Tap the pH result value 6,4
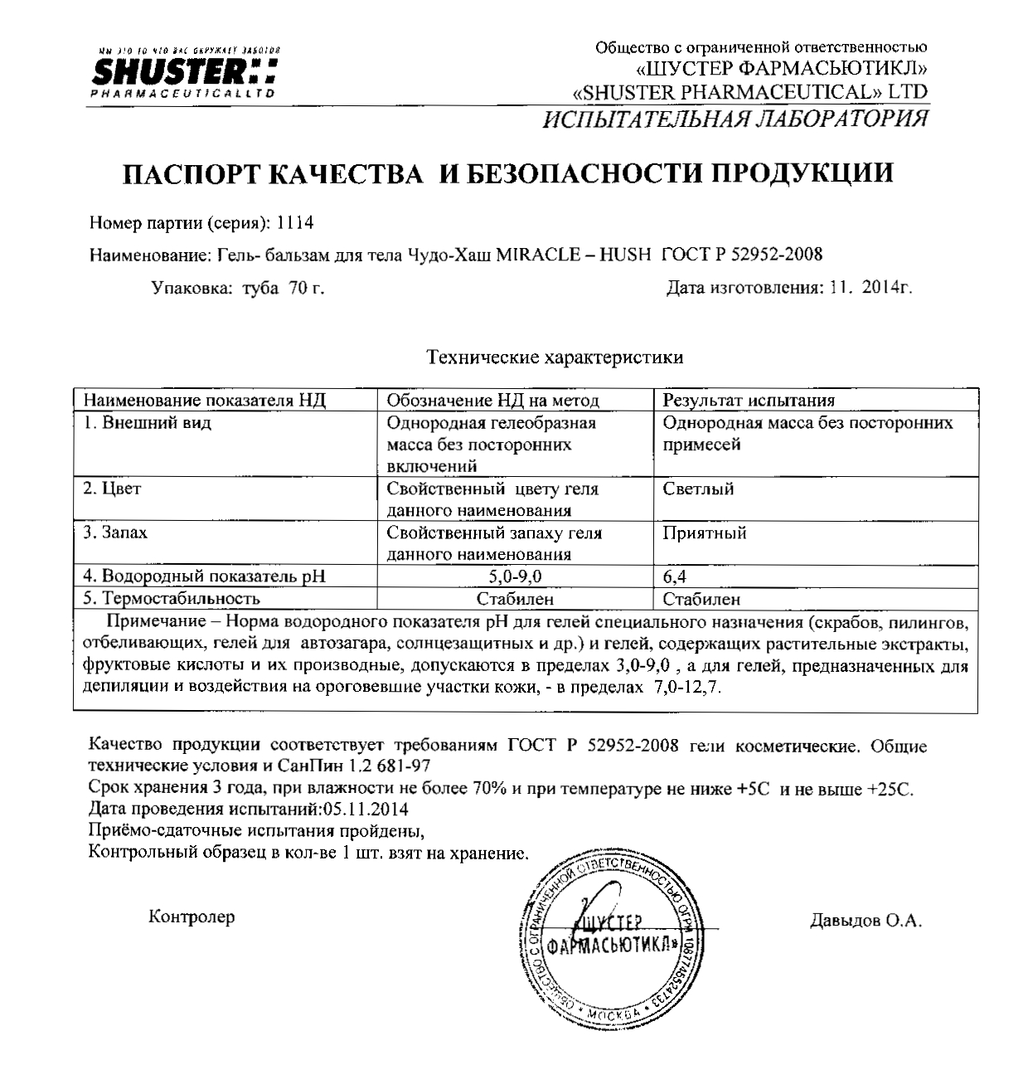[674, 576]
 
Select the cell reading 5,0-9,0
[515, 576]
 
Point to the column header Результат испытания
[749, 400]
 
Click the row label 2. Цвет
[112, 489]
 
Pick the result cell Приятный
[704, 532]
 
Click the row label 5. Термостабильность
[172, 598]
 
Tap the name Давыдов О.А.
[865, 921]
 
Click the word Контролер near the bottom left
[192, 917]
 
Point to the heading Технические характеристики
[554, 357]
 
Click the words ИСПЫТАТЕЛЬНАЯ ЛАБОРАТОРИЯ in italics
[735, 119]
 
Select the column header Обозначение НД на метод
[493, 400]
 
